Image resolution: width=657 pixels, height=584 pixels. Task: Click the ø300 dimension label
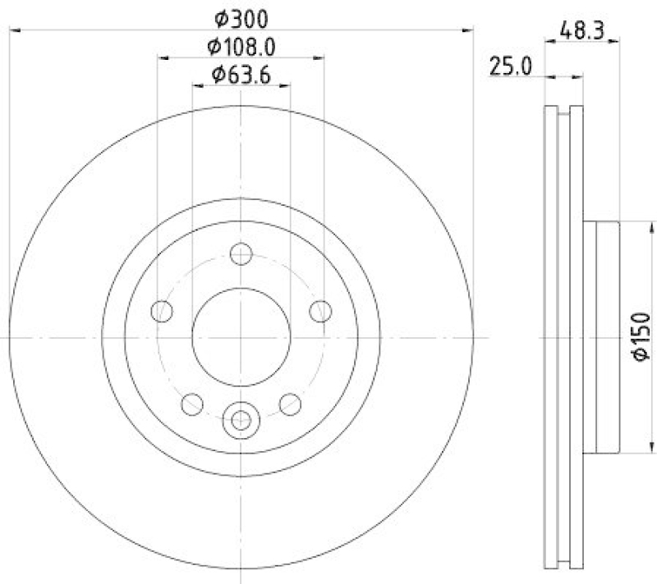tap(241, 16)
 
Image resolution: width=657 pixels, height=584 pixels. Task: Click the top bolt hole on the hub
tap(241, 254)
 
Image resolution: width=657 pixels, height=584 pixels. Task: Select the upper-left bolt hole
tap(163, 311)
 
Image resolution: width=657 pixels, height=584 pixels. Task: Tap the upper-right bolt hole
tap(319, 311)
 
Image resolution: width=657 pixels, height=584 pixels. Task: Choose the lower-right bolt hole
tap(290, 403)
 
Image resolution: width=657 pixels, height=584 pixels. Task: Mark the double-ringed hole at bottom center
tap(241, 420)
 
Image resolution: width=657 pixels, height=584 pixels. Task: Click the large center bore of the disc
tap(241, 337)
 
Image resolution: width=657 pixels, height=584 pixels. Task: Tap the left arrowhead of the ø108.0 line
tap(162, 58)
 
